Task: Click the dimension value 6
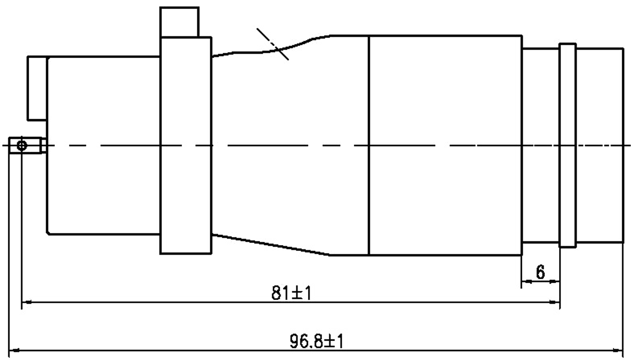pyautogui.click(x=541, y=272)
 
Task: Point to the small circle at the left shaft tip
pyautogui.click(x=21, y=145)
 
